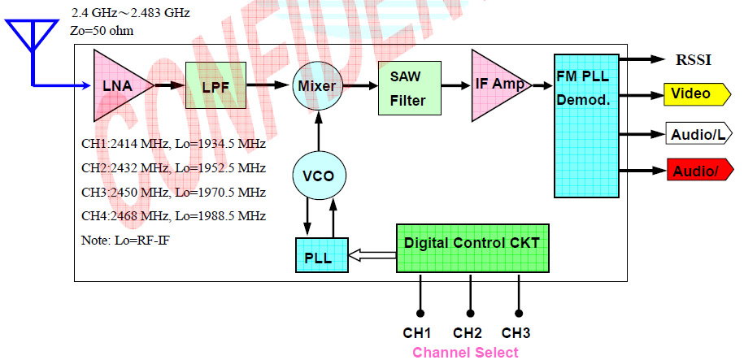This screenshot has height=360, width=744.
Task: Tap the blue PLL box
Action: (x=320, y=256)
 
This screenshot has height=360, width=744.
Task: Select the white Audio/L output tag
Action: (x=696, y=134)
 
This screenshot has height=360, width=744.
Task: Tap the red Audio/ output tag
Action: (x=695, y=171)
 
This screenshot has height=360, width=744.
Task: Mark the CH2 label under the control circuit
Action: (x=468, y=333)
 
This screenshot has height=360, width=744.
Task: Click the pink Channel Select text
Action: (x=465, y=352)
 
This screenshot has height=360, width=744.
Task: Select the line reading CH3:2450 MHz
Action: (x=174, y=193)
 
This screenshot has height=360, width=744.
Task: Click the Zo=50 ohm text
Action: (x=102, y=31)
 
